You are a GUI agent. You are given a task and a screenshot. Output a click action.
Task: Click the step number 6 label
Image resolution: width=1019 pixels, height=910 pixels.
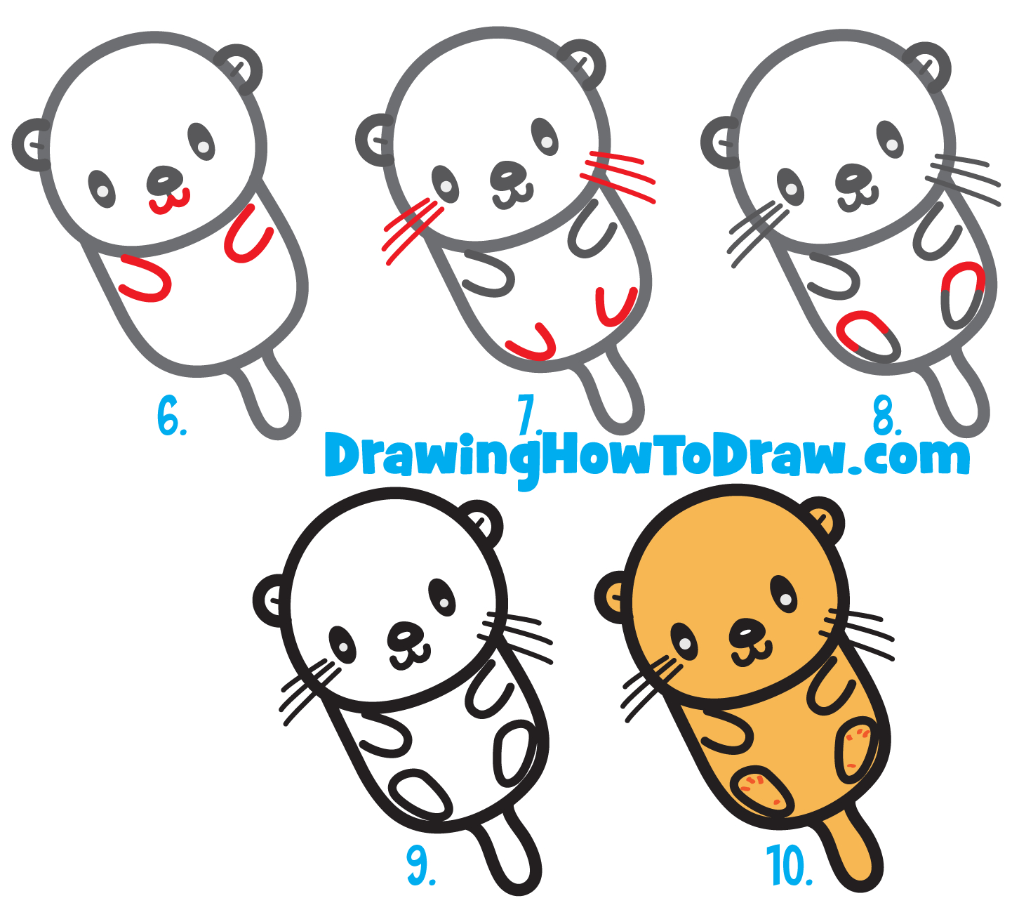[171, 416]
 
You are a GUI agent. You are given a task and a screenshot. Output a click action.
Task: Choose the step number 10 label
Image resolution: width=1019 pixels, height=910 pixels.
[789, 866]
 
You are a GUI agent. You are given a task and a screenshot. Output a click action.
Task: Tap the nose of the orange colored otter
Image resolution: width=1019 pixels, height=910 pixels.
[748, 632]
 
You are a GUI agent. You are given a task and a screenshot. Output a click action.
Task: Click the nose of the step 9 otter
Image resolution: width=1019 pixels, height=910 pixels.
[406, 635]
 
